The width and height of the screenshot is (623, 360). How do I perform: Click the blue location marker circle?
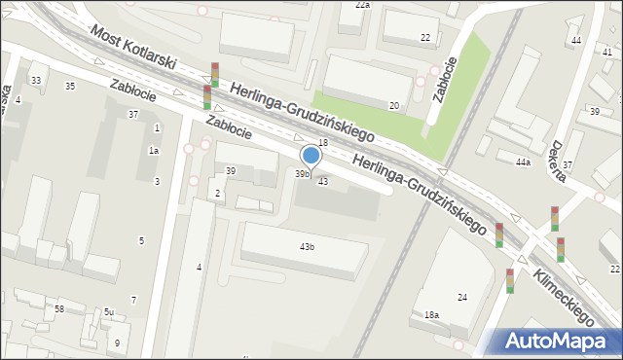(311, 155)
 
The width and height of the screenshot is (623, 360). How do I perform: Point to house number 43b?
(307, 247)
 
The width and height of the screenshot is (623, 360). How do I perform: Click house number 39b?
(303, 174)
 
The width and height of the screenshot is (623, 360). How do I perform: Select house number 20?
(393, 105)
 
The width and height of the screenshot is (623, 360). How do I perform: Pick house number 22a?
(362, 5)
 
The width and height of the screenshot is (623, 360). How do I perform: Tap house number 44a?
(523, 162)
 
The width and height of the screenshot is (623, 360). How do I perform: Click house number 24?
(462, 297)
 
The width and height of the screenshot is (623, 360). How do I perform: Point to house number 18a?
(431, 315)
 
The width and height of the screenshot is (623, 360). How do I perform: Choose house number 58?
(59, 308)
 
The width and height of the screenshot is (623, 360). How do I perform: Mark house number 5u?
(109, 312)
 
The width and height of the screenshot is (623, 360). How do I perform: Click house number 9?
(116, 342)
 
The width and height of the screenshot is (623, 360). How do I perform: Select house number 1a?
(153, 150)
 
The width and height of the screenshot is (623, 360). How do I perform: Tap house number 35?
(69, 87)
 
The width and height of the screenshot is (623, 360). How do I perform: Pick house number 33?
(36, 80)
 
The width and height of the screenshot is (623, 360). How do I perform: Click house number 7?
(133, 299)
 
